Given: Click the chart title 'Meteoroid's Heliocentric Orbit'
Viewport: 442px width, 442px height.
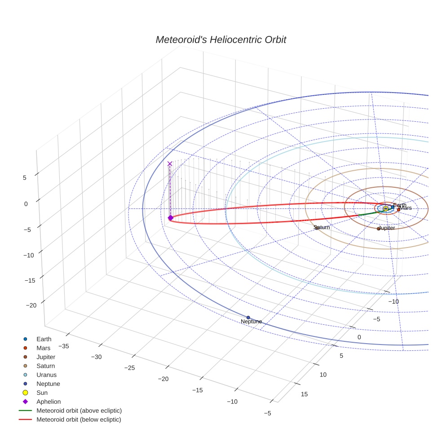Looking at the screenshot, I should [x=221, y=40].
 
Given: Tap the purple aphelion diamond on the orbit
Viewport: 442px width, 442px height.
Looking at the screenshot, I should [x=170, y=218].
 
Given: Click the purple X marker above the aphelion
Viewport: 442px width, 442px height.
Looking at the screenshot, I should [x=170, y=164].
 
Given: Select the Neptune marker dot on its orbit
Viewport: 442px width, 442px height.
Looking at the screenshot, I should [x=248, y=318].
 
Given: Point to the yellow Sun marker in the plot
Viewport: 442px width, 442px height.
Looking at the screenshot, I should [x=385, y=208].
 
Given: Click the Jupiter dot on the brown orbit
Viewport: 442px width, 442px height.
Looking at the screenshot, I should [x=378, y=229].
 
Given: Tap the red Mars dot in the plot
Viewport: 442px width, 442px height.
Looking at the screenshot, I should [x=398, y=209].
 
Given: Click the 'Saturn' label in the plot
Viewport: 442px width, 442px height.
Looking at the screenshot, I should [x=322, y=227].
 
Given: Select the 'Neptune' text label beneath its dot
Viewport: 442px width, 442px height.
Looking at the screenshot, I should [x=251, y=322].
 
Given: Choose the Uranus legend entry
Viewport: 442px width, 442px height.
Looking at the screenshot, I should [x=46, y=375].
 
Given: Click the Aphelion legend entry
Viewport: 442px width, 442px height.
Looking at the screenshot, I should [x=49, y=402].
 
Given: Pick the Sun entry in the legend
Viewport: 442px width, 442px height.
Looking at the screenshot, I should [x=42, y=393].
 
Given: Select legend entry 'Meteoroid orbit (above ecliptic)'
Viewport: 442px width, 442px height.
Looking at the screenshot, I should [x=79, y=411].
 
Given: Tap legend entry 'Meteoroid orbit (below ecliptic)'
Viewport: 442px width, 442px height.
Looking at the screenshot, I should [x=79, y=420].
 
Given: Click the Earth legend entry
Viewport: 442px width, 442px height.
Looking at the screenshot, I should [x=44, y=339].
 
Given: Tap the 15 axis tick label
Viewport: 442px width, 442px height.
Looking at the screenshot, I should [x=304, y=394].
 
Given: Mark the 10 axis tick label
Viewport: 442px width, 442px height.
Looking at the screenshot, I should [x=323, y=374].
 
